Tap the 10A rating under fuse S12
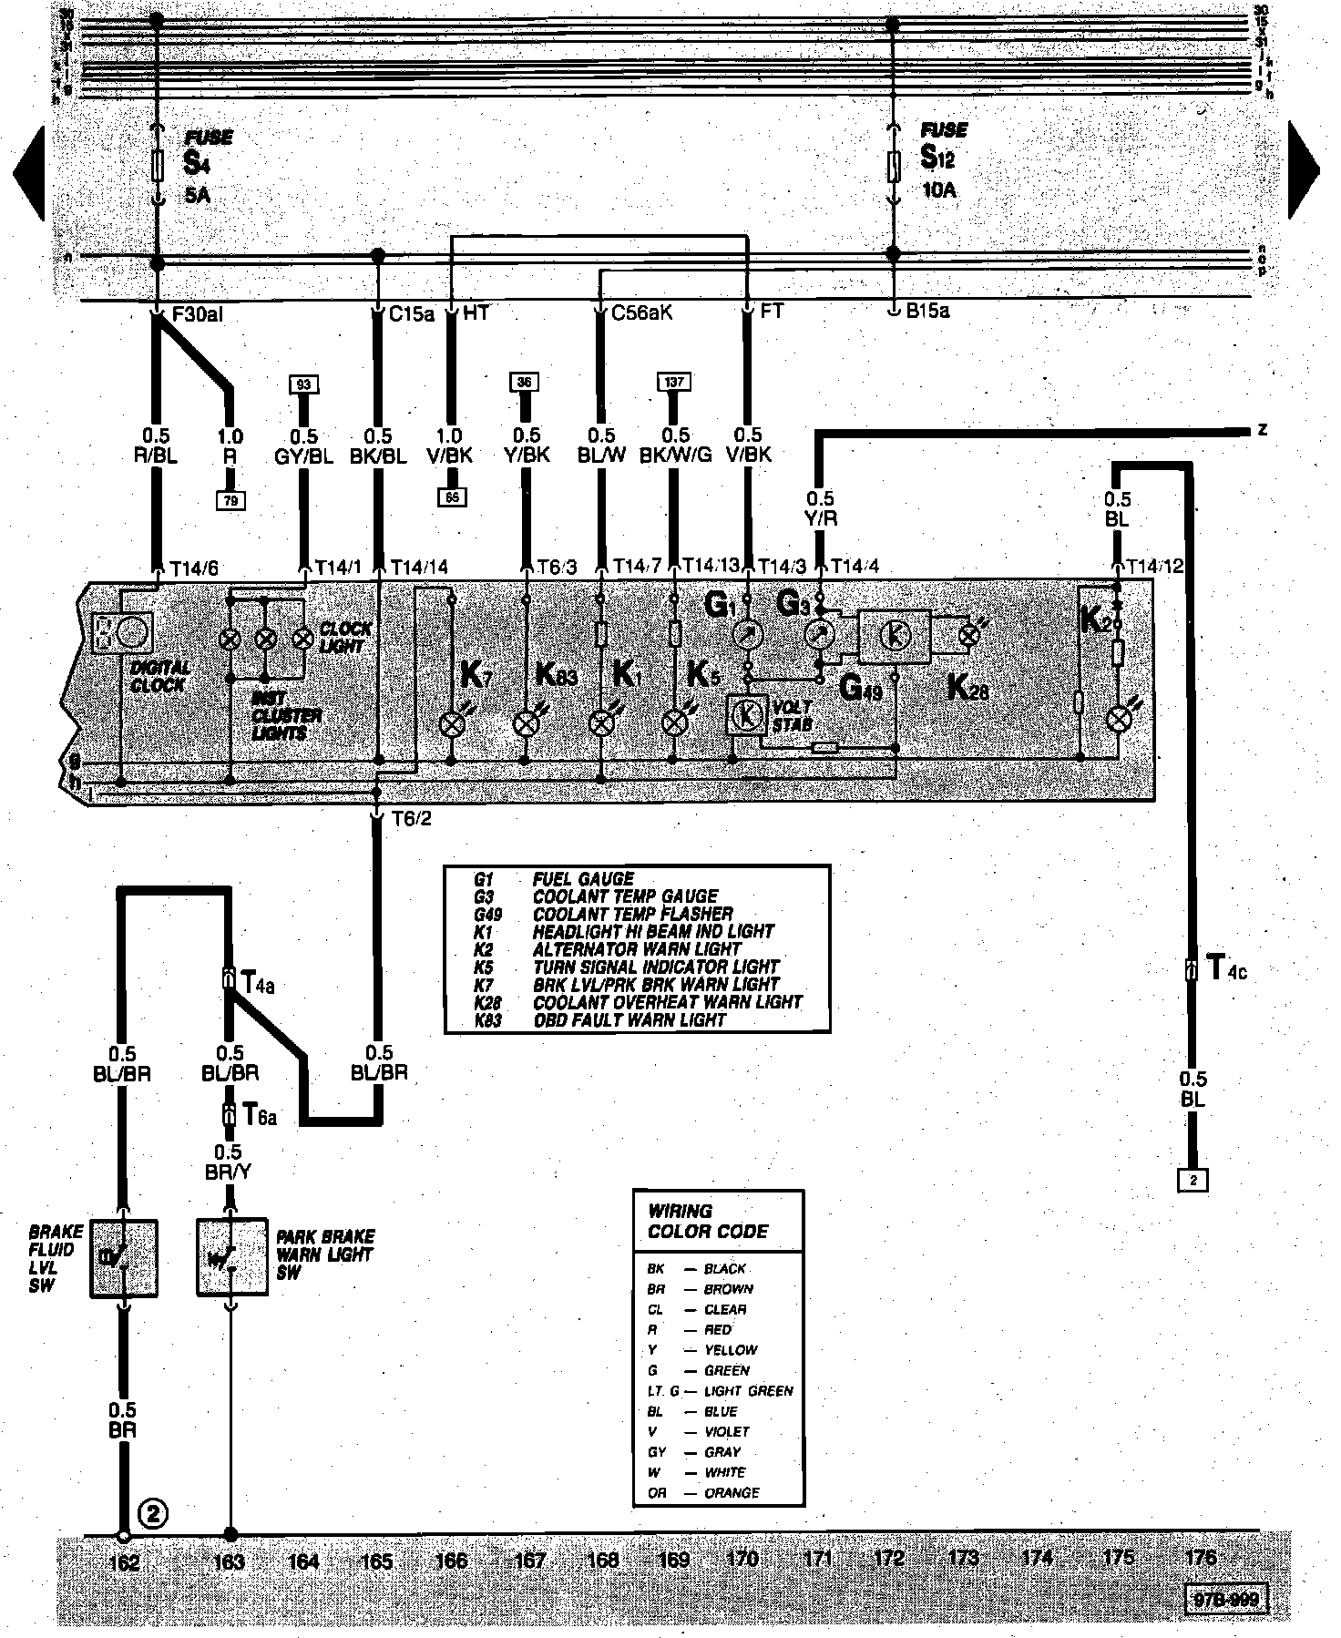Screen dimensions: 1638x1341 coord(938,190)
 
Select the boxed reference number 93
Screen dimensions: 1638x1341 coord(303,384)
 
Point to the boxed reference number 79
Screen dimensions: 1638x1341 coord(230,499)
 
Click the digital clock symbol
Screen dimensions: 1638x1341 coord(123,631)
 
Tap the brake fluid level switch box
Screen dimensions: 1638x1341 coord(125,1258)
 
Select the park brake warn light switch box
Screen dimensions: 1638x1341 coord(231,1258)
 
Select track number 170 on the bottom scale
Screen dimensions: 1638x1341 coord(742,1559)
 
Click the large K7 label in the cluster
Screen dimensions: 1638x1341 coord(475,675)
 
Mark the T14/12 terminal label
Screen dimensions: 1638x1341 coord(1153,566)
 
